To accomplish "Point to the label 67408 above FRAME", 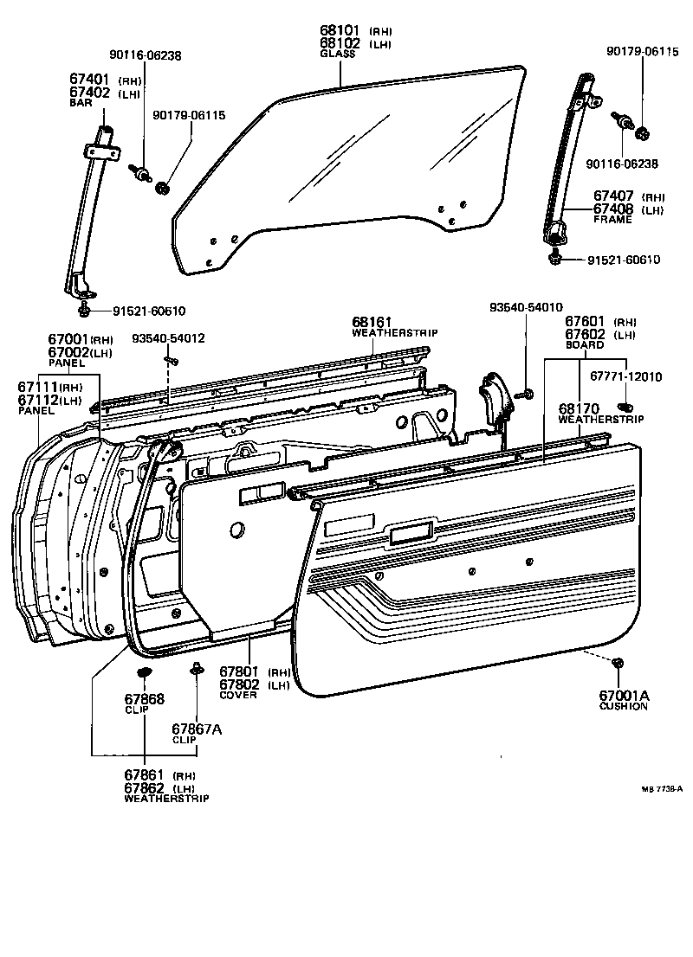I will click(x=613, y=209).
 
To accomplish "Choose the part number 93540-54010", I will click(x=526, y=307).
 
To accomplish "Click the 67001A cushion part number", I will click(x=624, y=695).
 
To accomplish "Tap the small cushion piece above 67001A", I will click(x=617, y=663).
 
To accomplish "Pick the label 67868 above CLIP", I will click(x=144, y=698).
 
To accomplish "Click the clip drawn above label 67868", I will click(x=145, y=672).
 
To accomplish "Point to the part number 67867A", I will click(x=197, y=729).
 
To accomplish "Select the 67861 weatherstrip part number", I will click(x=143, y=775).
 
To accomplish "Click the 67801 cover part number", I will click(x=240, y=671).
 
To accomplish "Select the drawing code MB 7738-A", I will click(x=663, y=789).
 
